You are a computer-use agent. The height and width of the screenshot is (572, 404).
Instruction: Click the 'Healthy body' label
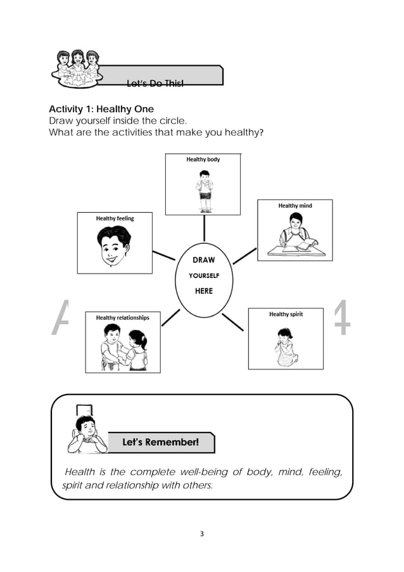click(203, 160)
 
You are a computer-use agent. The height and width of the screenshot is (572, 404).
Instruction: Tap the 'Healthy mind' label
click(295, 206)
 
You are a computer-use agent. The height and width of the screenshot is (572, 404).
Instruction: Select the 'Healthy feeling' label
click(115, 219)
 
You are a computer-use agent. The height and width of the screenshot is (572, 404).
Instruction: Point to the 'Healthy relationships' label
click(123, 317)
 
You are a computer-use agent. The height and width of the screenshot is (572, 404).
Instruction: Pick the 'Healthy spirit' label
click(287, 314)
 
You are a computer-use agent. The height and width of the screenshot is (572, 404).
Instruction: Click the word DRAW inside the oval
click(203, 260)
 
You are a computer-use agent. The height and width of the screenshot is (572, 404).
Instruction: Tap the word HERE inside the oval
click(203, 291)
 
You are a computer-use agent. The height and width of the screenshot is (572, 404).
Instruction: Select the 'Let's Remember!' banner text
click(160, 442)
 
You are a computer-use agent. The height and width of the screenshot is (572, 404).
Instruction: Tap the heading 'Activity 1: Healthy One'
click(101, 110)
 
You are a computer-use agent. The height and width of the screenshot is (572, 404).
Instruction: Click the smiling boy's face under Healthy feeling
click(114, 248)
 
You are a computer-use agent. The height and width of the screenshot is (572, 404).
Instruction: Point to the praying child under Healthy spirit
click(286, 346)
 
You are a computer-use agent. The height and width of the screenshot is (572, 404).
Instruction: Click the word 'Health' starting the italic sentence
click(80, 472)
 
